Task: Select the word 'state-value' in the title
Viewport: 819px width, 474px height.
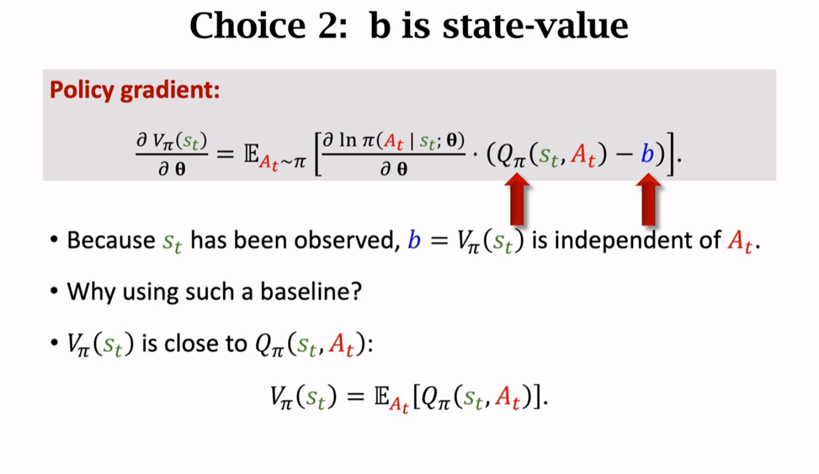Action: tap(535, 26)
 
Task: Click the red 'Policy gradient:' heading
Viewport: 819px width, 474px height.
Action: tap(134, 90)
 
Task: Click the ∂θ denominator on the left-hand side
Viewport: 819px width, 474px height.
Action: tap(171, 170)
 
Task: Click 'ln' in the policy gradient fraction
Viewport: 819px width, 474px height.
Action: tap(347, 140)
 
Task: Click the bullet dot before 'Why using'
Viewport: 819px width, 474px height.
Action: tap(55, 292)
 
